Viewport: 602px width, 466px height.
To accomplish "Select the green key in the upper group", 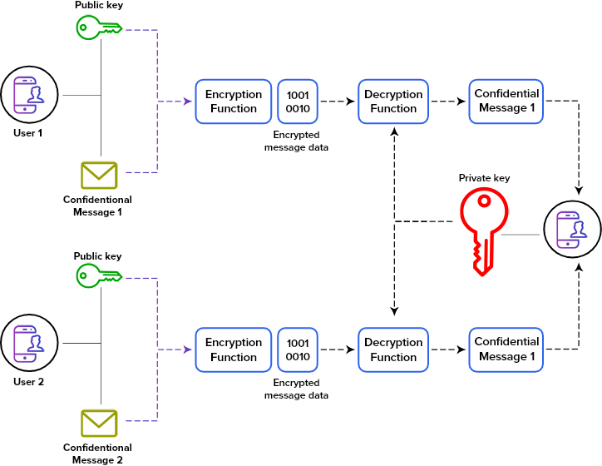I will [x=98, y=27].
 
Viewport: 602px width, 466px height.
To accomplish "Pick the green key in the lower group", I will [x=98, y=275].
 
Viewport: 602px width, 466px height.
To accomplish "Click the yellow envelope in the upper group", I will [x=99, y=175].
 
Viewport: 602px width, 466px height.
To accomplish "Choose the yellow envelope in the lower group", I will [x=99, y=423].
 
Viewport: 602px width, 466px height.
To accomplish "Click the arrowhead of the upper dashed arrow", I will [x=188, y=102].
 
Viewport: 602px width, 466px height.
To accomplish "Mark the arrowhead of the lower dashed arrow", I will [x=188, y=349].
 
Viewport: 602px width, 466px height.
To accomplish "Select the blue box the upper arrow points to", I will [x=234, y=102].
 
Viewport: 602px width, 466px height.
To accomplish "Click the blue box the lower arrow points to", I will [x=234, y=349].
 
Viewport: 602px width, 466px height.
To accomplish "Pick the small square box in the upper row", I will [x=298, y=102].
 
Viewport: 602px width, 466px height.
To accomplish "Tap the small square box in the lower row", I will [x=298, y=349].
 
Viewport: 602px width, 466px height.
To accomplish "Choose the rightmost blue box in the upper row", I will [x=506, y=102].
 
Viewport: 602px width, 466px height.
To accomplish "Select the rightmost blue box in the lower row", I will [x=506, y=349].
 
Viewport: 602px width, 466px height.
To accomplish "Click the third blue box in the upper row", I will [x=393, y=102].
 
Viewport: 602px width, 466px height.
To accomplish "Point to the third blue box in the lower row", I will [x=393, y=349].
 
